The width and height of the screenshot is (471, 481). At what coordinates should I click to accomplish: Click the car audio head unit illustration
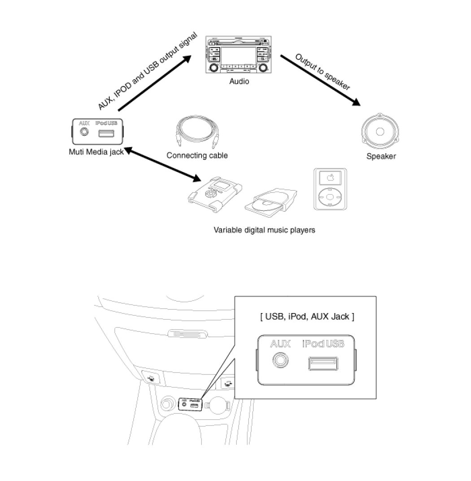[x=239, y=56]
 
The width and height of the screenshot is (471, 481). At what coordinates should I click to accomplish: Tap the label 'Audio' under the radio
[x=239, y=82]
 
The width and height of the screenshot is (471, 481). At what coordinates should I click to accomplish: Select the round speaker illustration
[x=380, y=132]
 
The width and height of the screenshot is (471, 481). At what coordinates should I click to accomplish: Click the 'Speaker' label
[x=381, y=156]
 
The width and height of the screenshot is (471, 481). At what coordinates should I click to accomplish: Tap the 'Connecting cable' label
[x=197, y=155]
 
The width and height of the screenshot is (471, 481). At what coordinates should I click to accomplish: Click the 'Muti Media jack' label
[x=96, y=152]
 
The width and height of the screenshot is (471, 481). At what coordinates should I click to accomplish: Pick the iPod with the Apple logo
[x=330, y=189]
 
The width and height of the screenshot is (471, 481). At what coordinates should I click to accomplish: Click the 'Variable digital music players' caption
[x=264, y=230]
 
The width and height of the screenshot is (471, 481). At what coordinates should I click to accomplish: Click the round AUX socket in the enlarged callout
[x=280, y=361]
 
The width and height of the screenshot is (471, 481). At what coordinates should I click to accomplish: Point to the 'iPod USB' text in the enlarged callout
[x=323, y=344]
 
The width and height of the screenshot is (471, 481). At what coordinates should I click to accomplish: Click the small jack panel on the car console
[x=190, y=404]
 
